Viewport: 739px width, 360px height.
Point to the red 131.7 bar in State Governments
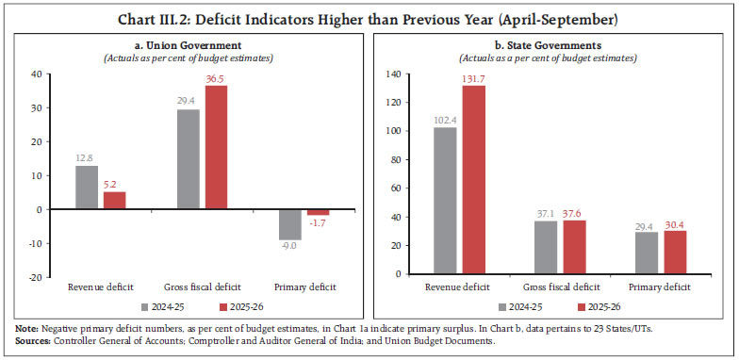point(474,180)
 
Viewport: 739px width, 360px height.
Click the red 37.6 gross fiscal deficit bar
point(575,247)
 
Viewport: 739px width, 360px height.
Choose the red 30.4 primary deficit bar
point(675,252)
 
